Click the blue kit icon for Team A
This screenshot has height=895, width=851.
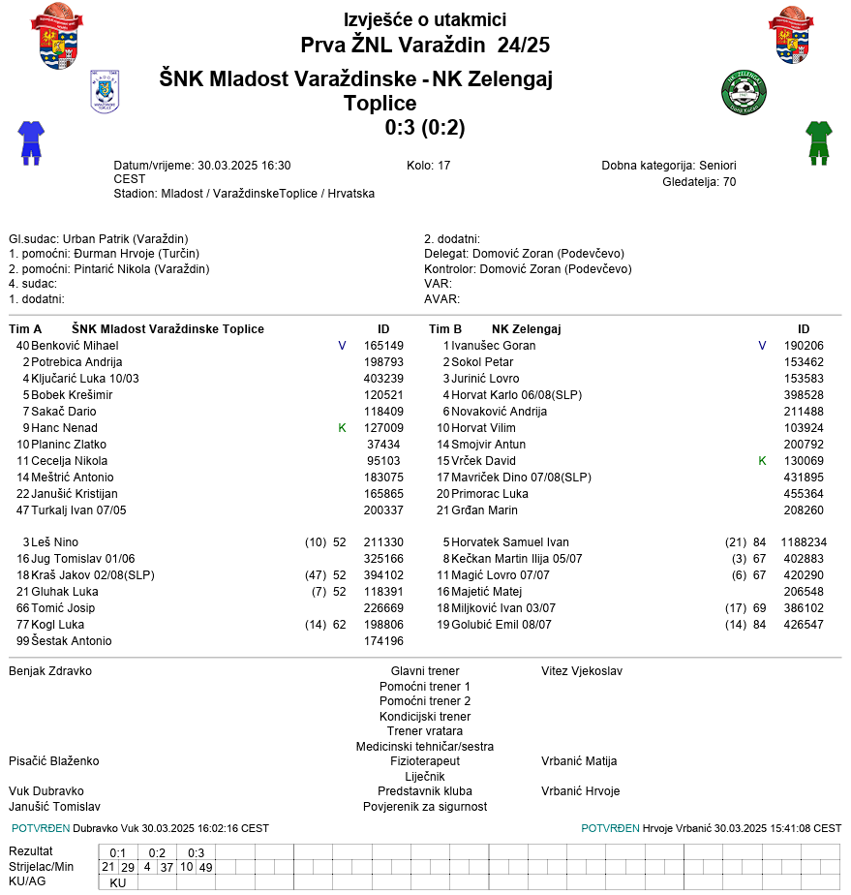pyautogui.click(x=31, y=142)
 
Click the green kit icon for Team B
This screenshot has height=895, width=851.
pyautogui.click(x=819, y=142)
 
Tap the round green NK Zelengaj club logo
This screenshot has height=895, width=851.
pyautogui.click(x=744, y=92)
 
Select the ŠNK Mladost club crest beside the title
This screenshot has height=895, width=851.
pyautogui.click(x=105, y=92)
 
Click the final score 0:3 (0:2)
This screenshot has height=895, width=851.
pyautogui.click(x=425, y=128)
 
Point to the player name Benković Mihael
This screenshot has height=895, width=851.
pyautogui.click(x=75, y=346)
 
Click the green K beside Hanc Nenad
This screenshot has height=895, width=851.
pyautogui.click(x=342, y=428)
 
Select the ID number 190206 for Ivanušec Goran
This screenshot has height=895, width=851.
pyautogui.click(x=804, y=346)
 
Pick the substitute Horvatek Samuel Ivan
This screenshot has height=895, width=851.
pyautogui.click(x=510, y=542)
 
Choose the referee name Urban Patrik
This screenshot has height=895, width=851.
pyautogui.click(x=97, y=239)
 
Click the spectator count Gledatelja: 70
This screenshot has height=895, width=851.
pyautogui.click(x=699, y=181)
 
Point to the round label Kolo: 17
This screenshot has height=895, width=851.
pyautogui.click(x=429, y=166)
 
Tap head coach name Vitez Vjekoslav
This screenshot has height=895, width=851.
pyautogui.click(x=582, y=671)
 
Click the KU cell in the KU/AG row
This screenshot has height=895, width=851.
pyautogui.click(x=118, y=882)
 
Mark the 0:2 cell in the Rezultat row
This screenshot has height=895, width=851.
pyautogui.click(x=157, y=852)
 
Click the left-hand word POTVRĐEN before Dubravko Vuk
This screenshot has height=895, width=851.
pyautogui.click(x=41, y=828)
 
